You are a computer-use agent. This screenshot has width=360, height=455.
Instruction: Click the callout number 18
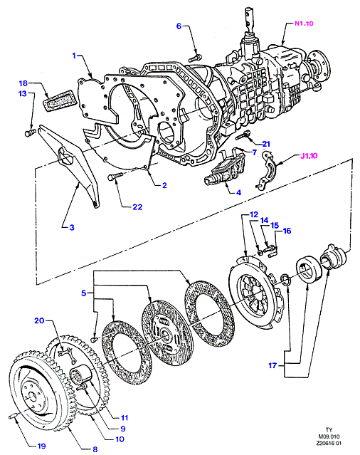(x=23, y=83)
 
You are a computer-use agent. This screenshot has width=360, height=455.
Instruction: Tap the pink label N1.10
(x=304, y=23)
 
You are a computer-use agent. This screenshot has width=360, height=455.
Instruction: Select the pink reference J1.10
(x=309, y=155)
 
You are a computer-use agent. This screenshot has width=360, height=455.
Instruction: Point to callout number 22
(x=137, y=206)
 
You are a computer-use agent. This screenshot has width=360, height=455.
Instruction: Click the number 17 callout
(x=272, y=365)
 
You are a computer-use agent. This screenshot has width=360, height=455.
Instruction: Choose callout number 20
(x=39, y=320)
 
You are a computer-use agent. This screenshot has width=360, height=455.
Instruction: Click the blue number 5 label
(x=84, y=293)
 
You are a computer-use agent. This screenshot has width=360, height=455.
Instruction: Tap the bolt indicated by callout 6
(x=195, y=58)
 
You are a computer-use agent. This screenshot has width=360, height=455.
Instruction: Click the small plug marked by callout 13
(x=29, y=133)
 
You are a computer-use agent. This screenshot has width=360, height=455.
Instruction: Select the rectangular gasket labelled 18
(x=59, y=100)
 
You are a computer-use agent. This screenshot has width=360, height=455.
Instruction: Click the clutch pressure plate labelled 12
(x=255, y=293)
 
